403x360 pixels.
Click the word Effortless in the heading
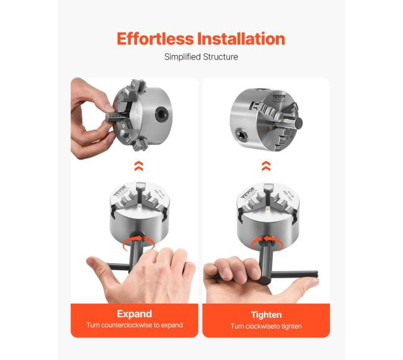point(155,39)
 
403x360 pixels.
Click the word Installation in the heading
point(241,39)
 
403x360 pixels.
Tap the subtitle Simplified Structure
point(201,57)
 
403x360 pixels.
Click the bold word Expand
point(135,314)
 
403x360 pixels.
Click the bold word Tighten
point(266,315)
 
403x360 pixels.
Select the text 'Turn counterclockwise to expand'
point(135,325)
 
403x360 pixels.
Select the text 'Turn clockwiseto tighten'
point(266,327)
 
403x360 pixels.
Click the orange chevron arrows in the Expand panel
point(138,166)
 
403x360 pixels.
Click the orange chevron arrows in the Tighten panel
point(266,166)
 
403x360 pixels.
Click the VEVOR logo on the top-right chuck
point(280,97)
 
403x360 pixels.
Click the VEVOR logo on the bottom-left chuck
point(120,191)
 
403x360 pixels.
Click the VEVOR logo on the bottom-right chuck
point(247,193)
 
